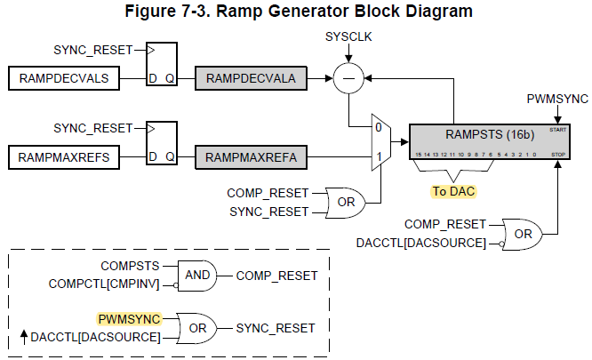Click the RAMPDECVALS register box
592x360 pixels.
(63, 79)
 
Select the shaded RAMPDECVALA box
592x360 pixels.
(252, 79)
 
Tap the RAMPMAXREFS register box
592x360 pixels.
(63, 158)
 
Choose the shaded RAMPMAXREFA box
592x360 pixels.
(252, 158)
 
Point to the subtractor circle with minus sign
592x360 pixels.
(348, 79)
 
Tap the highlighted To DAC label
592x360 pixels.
(452, 190)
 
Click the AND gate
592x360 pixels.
(196, 276)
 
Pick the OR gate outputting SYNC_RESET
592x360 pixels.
(196, 327)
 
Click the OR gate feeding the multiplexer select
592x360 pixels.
(343, 202)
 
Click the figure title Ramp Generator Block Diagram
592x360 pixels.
(296, 12)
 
